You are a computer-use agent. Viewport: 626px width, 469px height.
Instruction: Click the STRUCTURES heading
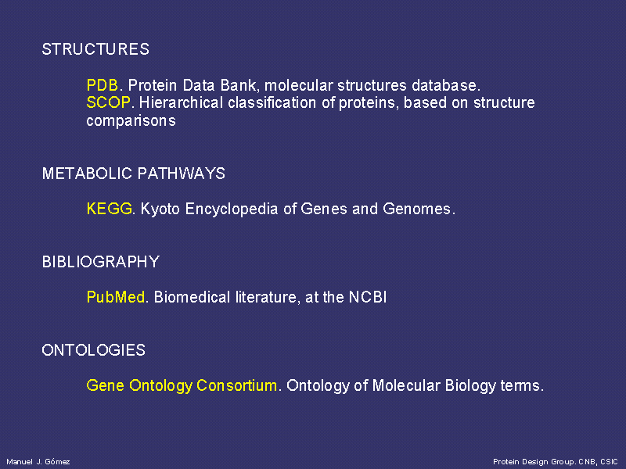click(95, 49)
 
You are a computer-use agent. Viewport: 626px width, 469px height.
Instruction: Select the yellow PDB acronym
click(103, 85)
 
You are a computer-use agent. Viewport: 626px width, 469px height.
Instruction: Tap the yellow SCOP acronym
click(108, 102)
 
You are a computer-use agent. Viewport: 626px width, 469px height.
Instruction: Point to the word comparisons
click(131, 121)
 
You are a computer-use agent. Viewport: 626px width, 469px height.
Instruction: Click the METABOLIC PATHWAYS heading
click(133, 174)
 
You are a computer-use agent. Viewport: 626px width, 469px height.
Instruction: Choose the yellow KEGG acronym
click(109, 209)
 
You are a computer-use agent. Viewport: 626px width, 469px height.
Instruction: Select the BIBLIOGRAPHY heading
click(101, 262)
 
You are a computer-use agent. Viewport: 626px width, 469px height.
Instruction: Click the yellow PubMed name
click(115, 297)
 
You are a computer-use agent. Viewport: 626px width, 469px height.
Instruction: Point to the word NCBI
click(368, 297)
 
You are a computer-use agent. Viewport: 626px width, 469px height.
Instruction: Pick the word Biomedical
click(192, 297)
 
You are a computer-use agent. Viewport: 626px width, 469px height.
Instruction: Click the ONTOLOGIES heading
click(93, 349)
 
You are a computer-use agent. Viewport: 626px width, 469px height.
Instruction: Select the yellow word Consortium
click(237, 385)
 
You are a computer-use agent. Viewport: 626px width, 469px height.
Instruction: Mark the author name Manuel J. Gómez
click(38, 461)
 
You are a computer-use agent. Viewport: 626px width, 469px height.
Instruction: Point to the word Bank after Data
click(238, 85)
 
